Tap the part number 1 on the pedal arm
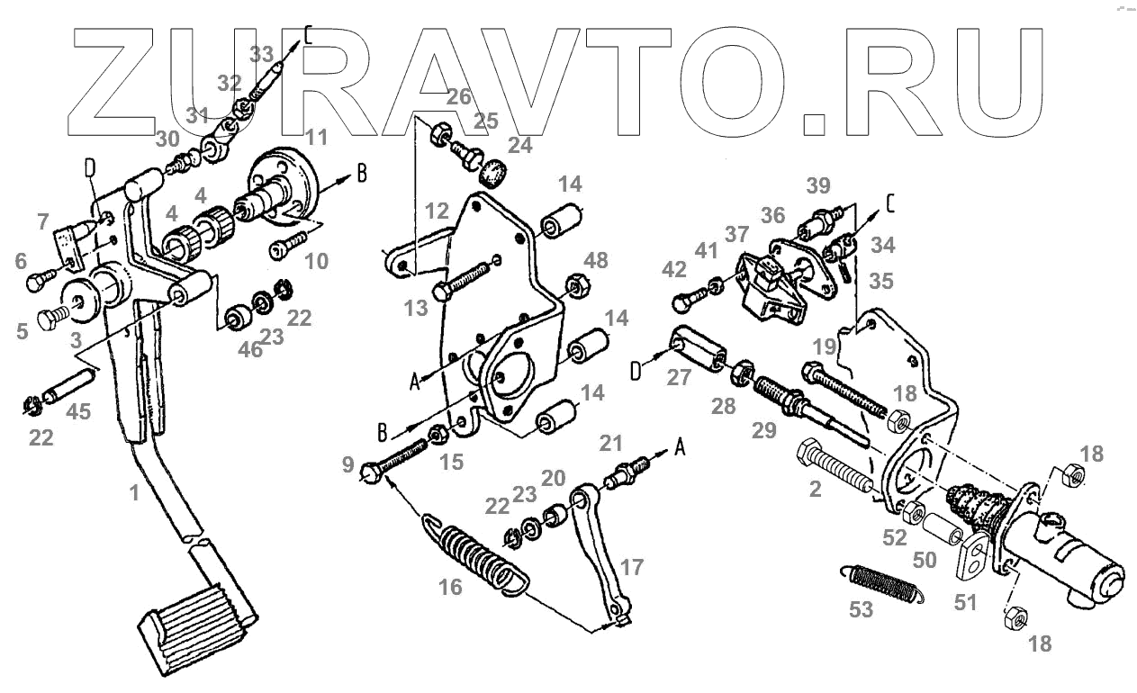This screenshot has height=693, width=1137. point(133,494)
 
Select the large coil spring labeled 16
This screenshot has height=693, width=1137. point(475,554)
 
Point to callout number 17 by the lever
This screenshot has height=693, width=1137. point(632,568)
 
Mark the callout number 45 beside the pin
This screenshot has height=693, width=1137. point(79,413)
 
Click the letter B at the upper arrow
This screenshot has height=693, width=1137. point(361,173)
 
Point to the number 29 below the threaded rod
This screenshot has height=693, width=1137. point(764,430)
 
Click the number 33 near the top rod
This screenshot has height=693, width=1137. point(261,54)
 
